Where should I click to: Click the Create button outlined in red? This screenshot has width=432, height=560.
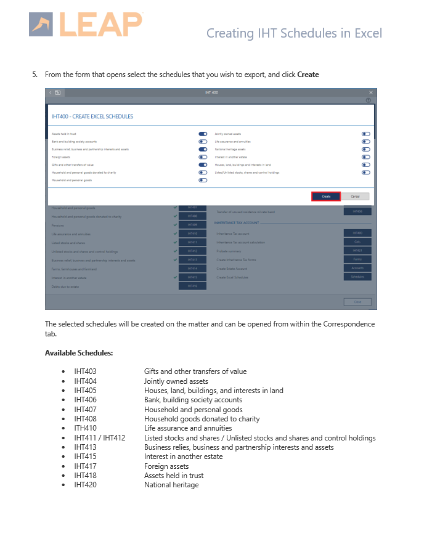coord(326,196)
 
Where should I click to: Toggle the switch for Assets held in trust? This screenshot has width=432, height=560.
coord(203,133)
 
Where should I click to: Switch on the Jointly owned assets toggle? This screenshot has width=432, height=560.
coord(365,133)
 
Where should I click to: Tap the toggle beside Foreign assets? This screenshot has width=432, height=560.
coord(203,157)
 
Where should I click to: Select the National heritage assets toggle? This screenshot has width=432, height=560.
coord(365,149)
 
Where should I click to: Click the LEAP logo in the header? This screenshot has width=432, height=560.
coord(86,24)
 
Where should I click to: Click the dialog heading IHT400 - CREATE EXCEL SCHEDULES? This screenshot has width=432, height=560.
coord(92,116)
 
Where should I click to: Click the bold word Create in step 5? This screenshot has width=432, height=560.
coord(308,75)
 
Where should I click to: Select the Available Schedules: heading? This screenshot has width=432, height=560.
coord(79,353)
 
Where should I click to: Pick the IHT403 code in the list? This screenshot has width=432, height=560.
coord(85,371)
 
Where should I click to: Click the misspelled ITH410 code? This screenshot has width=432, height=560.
coord(85,428)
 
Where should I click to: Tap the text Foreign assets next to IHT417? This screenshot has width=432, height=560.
coord(166,466)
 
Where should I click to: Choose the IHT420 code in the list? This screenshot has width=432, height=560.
coord(85,485)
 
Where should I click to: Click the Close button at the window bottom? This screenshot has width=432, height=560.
coord(357,302)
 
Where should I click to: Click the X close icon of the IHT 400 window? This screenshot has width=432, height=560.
coord(371,92)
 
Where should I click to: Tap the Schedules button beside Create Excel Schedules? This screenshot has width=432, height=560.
coord(357,277)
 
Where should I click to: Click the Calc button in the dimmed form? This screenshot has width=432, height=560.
coord(357,241)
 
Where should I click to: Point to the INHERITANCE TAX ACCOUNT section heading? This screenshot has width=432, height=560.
coord(237,222)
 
